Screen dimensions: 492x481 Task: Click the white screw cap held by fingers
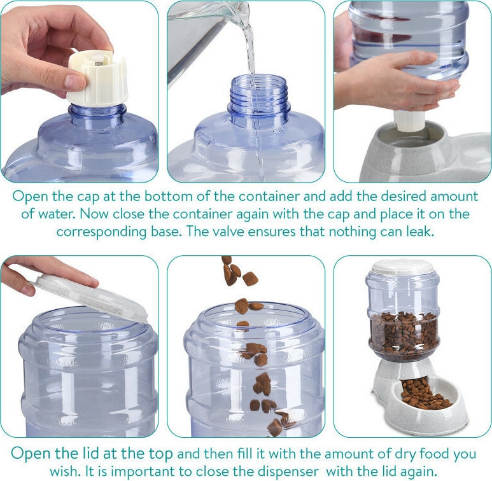coord(97,78)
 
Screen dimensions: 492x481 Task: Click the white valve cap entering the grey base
coord(409,121)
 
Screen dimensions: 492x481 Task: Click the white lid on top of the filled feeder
coord(402,267)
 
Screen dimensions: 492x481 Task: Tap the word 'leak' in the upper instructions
coord(420,232)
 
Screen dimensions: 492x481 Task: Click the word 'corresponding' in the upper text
coord(102,232)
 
